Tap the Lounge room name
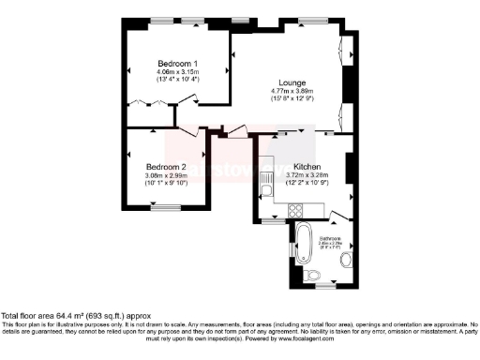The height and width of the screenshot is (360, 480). (x=287, y=82)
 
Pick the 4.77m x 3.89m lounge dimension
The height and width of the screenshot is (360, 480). (x=287, y=90)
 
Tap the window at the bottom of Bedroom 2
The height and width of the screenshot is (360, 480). (x=167, y=206)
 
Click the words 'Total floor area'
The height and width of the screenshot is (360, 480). (x=29, y=316)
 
